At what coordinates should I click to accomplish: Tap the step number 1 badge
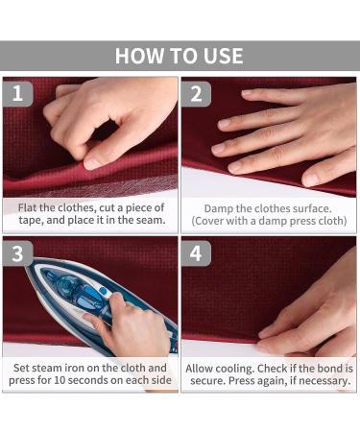click(17, 94)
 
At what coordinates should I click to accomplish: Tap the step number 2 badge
click(196, 94)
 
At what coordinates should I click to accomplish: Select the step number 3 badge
click(17, 253)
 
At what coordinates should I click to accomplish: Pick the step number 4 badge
click(196, 253)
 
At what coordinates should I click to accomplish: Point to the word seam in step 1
click(150, 220)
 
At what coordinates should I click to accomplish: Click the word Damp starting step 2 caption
click(218, 209)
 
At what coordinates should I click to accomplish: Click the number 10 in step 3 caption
click(60, 380)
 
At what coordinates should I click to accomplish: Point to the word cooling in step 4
click(233, 369)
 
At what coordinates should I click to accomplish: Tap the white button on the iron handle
click(103, 291)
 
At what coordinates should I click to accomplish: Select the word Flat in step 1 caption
click(27, 208)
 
